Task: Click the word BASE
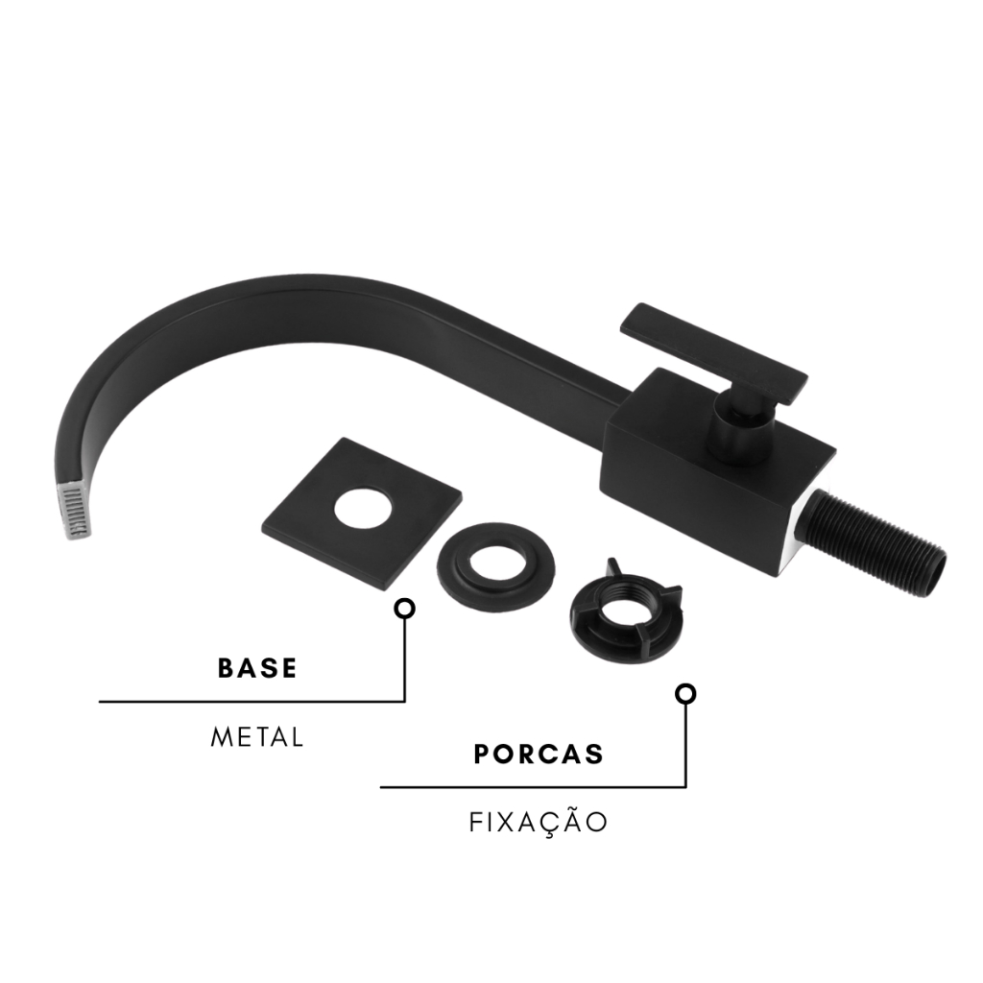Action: coord(257,668)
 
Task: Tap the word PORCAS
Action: coord(539,755)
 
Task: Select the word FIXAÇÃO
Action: coord(539,822)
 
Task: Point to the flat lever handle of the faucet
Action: coord(713,353)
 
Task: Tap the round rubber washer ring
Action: coord(495,570)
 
